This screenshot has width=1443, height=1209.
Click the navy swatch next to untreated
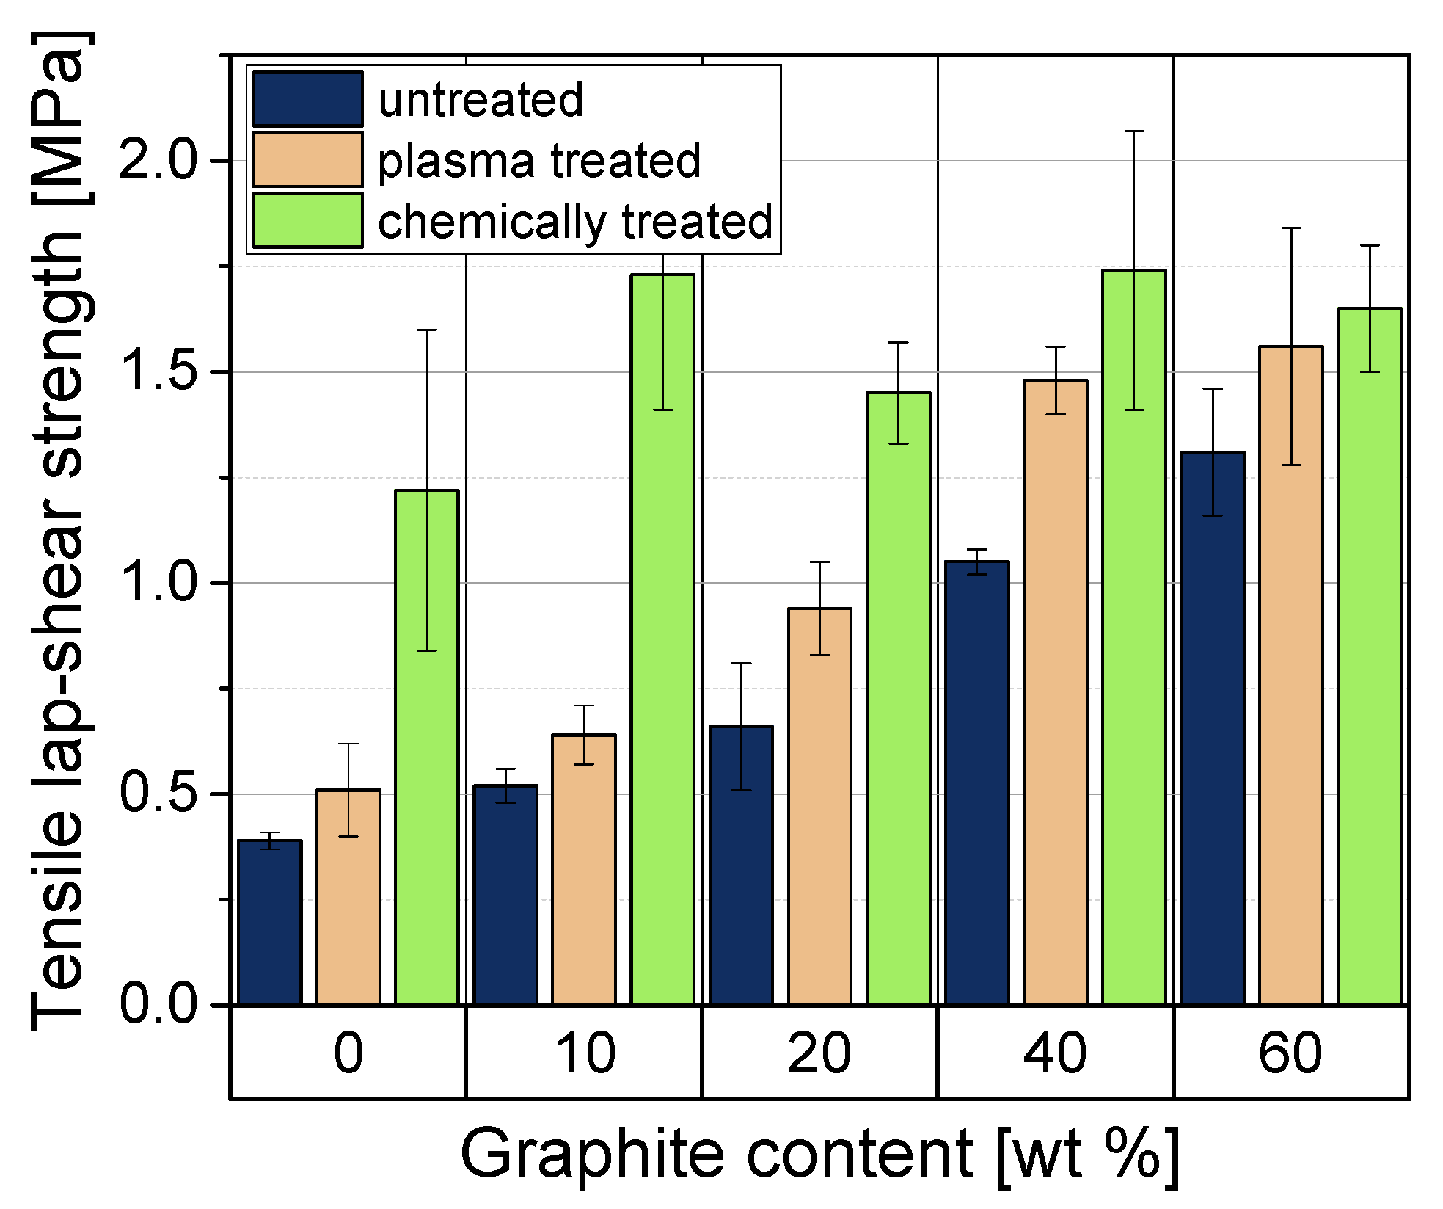coord(307,99)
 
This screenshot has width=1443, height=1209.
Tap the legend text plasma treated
coord(539,161)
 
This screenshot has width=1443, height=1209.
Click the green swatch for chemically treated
coord(307,220)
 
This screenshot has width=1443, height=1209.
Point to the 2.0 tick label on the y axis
coord(158,161)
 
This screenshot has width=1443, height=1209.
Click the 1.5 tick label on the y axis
coord(158,372)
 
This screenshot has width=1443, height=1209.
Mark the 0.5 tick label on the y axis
coord(158,794)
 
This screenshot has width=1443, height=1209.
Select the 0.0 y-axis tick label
coord(158,1004)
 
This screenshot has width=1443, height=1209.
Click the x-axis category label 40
coord(1054,1053)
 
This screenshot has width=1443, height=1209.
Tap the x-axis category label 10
coord(584,1053)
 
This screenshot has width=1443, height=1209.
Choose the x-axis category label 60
coord(1290,1053)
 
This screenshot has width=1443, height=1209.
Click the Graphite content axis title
coord(819,1155)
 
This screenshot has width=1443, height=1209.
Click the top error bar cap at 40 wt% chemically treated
coord(1134,131)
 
